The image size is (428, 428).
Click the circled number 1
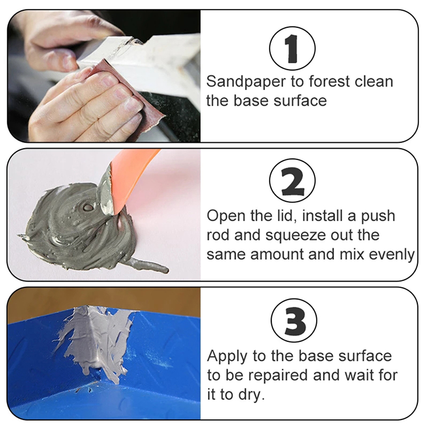click(x=292, y=49)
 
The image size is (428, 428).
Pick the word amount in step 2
click(x=277, y=255)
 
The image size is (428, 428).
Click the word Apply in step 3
click(x=227, y=357)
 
